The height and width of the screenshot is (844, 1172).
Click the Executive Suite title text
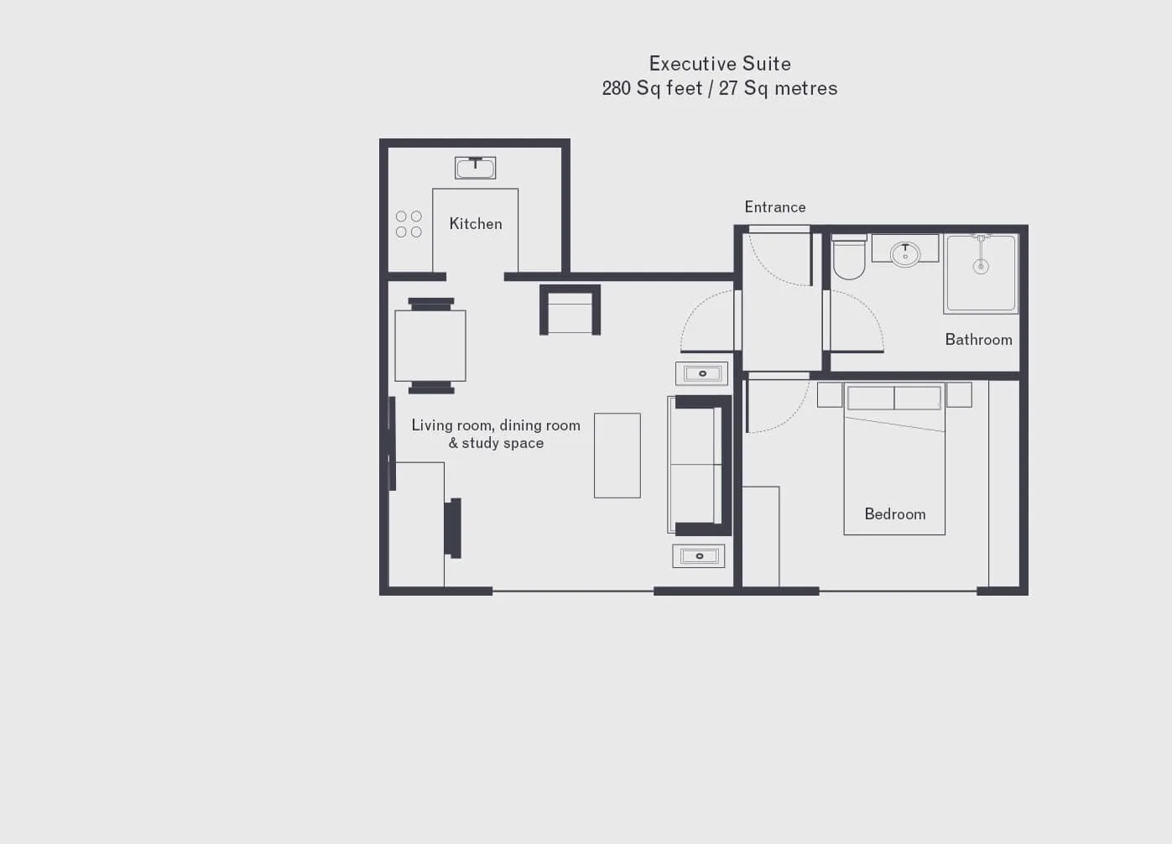[720, 64]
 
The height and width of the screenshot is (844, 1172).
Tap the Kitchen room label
[476, 224]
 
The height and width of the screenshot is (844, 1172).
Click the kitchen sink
[475, 168]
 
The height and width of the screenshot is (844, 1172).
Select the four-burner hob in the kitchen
[409, 224]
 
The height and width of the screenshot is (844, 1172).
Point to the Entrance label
[775, 207]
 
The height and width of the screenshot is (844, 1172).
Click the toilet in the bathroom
[849, 257]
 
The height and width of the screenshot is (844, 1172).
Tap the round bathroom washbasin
[905, 253]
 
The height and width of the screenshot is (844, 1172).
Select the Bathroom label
[978, 340]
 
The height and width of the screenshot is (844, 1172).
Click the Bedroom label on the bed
[894, 513]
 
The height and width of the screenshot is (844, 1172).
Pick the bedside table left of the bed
[830, 394]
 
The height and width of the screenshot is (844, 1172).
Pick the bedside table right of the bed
[959, 394]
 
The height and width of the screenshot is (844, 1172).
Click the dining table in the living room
[430, 346]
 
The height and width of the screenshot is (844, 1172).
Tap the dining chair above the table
[431, 304]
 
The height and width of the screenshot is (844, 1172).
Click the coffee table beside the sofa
[617, 456]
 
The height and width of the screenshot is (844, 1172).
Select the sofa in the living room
[699, 466]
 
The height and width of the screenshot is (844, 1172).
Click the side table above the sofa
[701, 373]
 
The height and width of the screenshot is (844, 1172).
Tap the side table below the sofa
[699, 555]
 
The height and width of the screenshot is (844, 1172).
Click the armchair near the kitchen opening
[570, 310]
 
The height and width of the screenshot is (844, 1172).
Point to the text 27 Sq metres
[778, 88]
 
